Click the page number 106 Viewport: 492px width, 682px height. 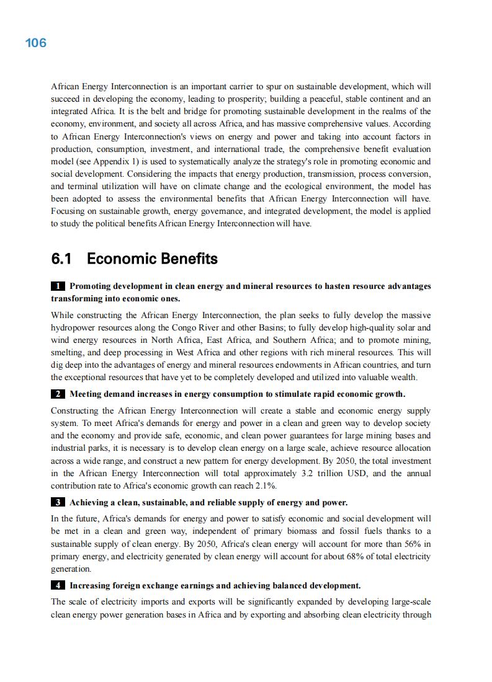(x=36, y=43)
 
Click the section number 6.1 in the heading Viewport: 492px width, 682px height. (x=64, y=259)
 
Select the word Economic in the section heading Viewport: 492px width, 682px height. (x=119, y=259)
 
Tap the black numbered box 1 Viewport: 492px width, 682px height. (x=58, y=286)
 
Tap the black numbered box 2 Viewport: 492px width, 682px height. (x=58, y=394)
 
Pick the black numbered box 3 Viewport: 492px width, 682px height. (x=58, y=502)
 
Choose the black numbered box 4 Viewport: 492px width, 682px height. (x=58, y=585)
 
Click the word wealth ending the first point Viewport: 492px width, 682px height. (x=403, y=377)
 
